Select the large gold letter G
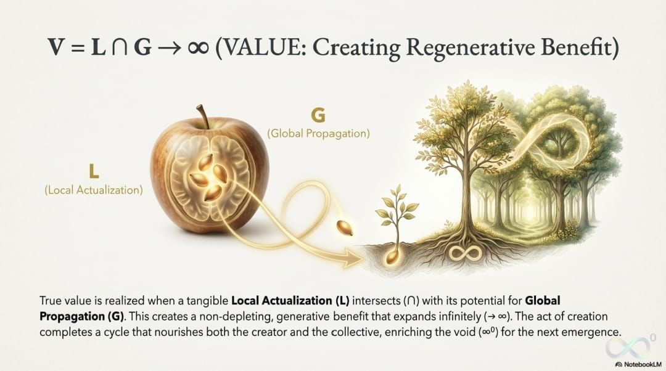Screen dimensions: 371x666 pos(318,115)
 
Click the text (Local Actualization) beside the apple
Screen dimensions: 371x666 pos(93,190)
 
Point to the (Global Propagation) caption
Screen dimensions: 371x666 pos(318,132)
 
